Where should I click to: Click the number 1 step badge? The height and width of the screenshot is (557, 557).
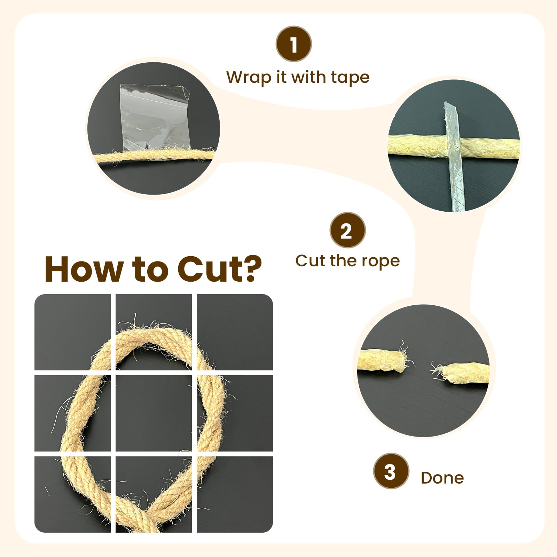[294, 44]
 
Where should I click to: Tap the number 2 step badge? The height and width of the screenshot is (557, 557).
[347, 230]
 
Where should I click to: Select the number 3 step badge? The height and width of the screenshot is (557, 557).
[391, 471]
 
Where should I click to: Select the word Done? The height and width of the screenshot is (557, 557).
[442, 478]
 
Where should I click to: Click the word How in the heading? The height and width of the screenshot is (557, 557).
[84, 269]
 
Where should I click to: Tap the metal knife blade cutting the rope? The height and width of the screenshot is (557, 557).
[454, 156]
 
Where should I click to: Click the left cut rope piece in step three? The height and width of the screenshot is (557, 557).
[382, 361]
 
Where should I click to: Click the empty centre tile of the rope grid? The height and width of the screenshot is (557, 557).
[154, 413]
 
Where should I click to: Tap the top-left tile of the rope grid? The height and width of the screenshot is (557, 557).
[72, 332]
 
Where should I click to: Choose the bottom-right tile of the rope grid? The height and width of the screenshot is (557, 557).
[235, 494]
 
